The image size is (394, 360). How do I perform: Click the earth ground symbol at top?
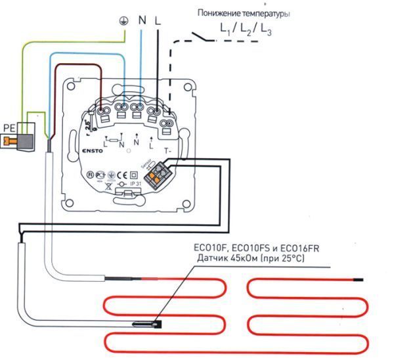(x=122, y=21)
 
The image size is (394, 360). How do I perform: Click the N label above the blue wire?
(x=141, y=21)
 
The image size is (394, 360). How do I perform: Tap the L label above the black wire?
(x=158, y=21)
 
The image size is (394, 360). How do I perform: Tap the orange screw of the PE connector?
(x=9, y=139)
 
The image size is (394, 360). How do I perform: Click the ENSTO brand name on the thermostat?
(x=83, y=150)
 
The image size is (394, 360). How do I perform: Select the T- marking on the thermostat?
(x=167, y=150)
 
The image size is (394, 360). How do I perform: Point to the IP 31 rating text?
(x=135, y=185)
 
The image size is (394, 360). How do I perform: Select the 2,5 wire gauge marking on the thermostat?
(x=87, y=127)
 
